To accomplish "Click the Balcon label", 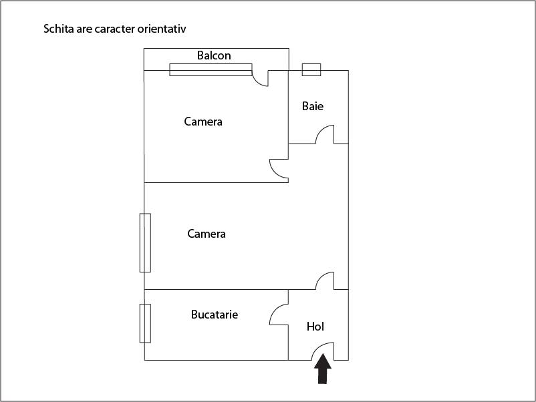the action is pos(214,55).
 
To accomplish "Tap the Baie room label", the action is pos(312,106).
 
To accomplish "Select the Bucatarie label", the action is pos(215,315).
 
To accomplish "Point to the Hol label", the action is pos(315,327).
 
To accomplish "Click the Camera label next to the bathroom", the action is pos(203,122).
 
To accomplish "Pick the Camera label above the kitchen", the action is pos(207,234).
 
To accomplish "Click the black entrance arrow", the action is pos(323,369).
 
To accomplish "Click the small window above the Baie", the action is pos(311,69).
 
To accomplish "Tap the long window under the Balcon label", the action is pos(211,69).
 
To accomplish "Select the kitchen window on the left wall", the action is pos(145,323).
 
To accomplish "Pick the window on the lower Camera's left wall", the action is pos(145,243).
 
